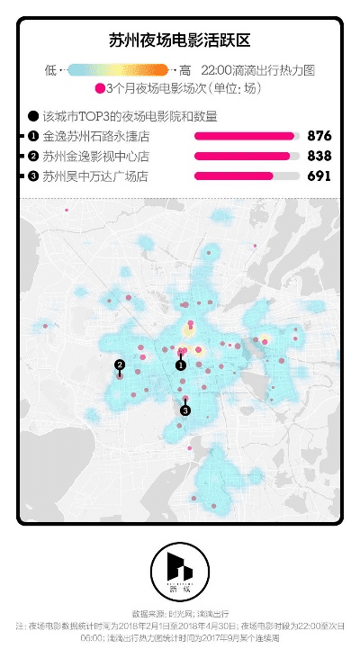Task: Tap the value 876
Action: click(319, 136)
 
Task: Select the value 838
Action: click(319, 156)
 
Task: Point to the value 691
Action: click(319, 176)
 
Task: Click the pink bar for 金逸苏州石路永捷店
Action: click(245, 136)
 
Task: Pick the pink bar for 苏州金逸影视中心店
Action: click(242, 156)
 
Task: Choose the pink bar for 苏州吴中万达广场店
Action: click(234, 176)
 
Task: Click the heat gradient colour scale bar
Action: click(118, 69)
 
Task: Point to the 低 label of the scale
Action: click(49, 69)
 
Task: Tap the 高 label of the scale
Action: click(184, 69)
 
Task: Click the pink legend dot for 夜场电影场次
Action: click(99, 89)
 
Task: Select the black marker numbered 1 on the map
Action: click(180, 365)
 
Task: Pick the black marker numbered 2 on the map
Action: click(119, 364)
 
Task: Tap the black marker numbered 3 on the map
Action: click(185, 410)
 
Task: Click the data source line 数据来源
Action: click(179, 612)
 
